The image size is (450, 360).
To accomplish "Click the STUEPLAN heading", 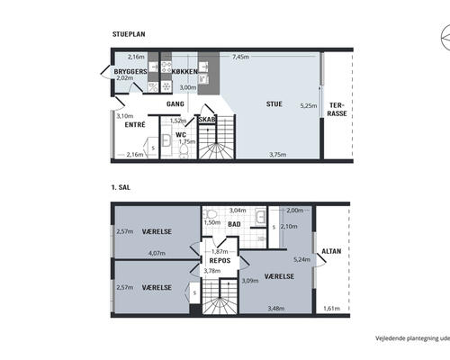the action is pyautogui.click(x=129, y=34).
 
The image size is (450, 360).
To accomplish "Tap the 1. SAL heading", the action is pyautogui.click(x=121, y=187).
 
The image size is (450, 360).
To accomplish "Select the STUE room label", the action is pyautogui.click(x=274, y=104).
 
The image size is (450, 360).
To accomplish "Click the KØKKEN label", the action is pyautogui.click(x=184, y=71).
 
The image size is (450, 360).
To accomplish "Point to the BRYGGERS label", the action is pyautogui.click(x=130, y=71).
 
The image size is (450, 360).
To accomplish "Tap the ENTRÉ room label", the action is pyautogui.click(x=135, y=124).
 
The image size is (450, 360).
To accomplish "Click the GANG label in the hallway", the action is pyautogui.click(x=175, y=104).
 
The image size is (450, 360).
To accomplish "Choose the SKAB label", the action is pyautogui.click(x=207, y=120).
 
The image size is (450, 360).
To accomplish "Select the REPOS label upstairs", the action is pyautogui.click(x=220, y=260).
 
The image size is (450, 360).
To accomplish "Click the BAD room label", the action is pyautogui.click(x=234, y=224).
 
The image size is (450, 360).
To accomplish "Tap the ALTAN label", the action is pyautogui.click(x=331, y=251).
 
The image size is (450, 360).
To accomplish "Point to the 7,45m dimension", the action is pyautogui.click(x=240, y=57).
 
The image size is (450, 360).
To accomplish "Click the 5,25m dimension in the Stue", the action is pyautogui.click(x=309, y=105).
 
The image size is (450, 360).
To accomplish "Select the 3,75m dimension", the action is pyautogui.click(x=277, y=155).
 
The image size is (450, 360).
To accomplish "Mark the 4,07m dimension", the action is pyautogui.click(x=157, y=253).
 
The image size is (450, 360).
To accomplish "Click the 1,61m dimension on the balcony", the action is pyautogui.click(x=331, y=309).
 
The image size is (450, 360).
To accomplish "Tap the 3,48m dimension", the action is pyautogui.click(x=276, y=308).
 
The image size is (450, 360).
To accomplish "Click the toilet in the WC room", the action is pyautogui.click(x=184, y=151).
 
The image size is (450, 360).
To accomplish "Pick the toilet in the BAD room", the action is pyautogui.click(x=210, y=214).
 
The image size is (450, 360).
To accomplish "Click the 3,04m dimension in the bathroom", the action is pyautogui.click(x=238, y=211).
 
